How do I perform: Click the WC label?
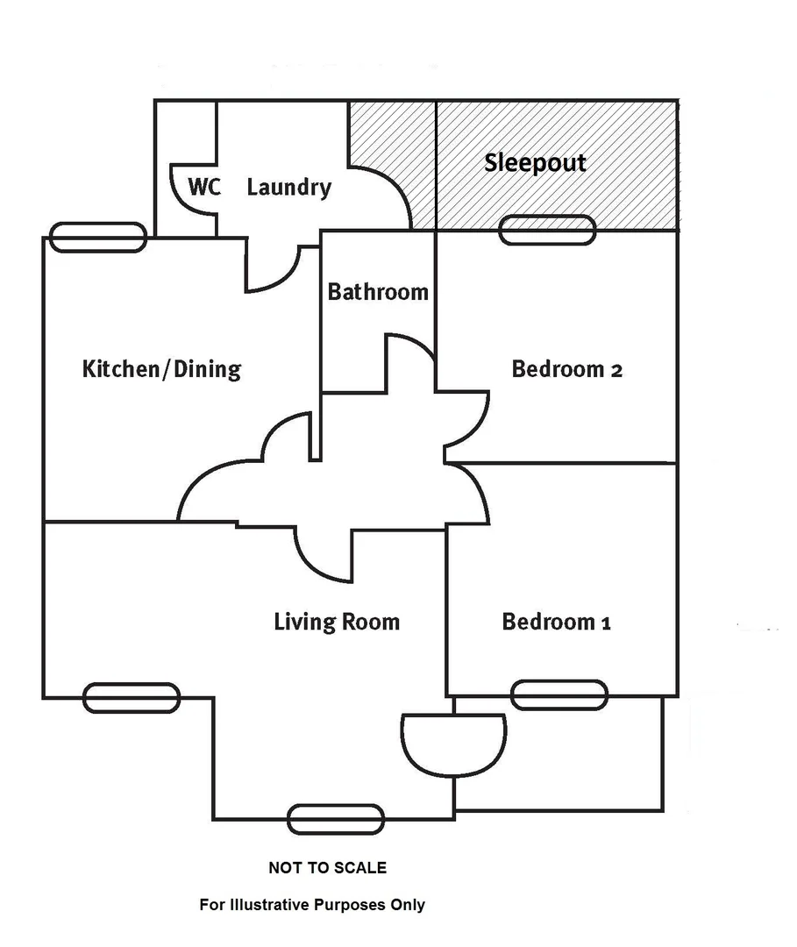coord(203,187)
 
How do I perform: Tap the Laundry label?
coord(288,187)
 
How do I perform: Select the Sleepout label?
coord(535,163)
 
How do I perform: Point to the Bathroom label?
coord(378,291)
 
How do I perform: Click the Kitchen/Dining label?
coord(161,368)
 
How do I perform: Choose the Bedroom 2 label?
coord(566,369)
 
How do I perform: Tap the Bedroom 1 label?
coord(556,623)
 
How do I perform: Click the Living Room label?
coord(337,623)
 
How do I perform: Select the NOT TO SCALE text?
coord(327,868)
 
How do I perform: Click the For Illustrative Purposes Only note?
coord(312,905)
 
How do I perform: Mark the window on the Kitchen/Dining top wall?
coord(97,237)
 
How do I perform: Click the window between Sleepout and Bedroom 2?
coord(547,231)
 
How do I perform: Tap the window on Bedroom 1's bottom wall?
coord(559,694)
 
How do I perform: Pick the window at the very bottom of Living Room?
coord(336,819)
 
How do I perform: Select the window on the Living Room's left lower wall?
coord(132,697)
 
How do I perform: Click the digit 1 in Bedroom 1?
coord(605,623)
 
